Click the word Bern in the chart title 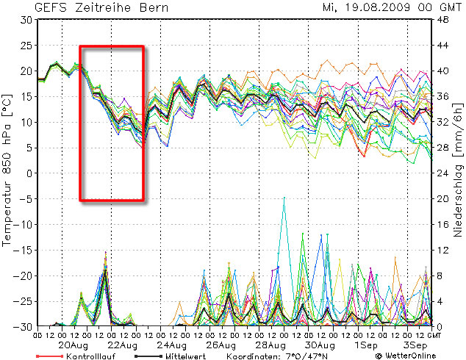[153, 8]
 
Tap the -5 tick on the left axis [28, 199]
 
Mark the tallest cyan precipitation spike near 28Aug [284, 198]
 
